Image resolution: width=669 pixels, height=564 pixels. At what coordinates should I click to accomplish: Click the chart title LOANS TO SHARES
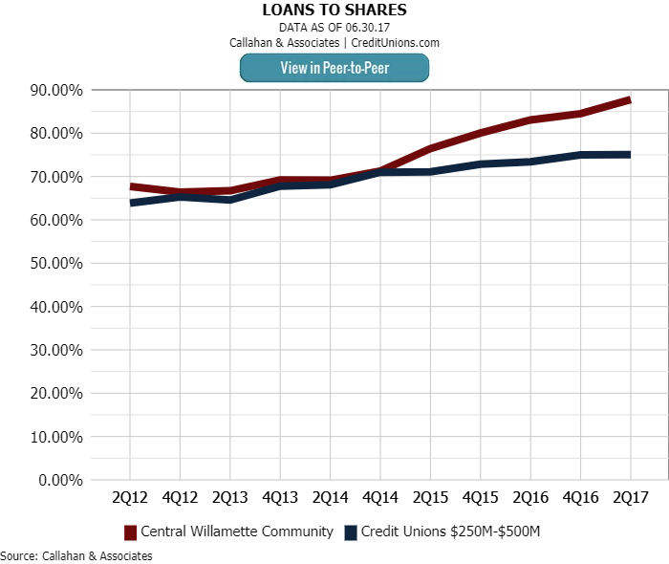[x=334, y=10]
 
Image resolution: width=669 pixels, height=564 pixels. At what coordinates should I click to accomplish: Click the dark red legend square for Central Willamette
[x=130, y=531]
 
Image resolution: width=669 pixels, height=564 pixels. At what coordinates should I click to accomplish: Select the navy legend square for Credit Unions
[x=351, y=531]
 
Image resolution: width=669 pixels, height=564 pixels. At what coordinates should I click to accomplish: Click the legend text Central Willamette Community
[x=237, y=531]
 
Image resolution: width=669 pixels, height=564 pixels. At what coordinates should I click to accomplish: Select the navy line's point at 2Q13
[x=230, y=200]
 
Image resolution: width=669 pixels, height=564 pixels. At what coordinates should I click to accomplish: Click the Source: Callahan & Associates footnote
[x=76, y=555]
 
